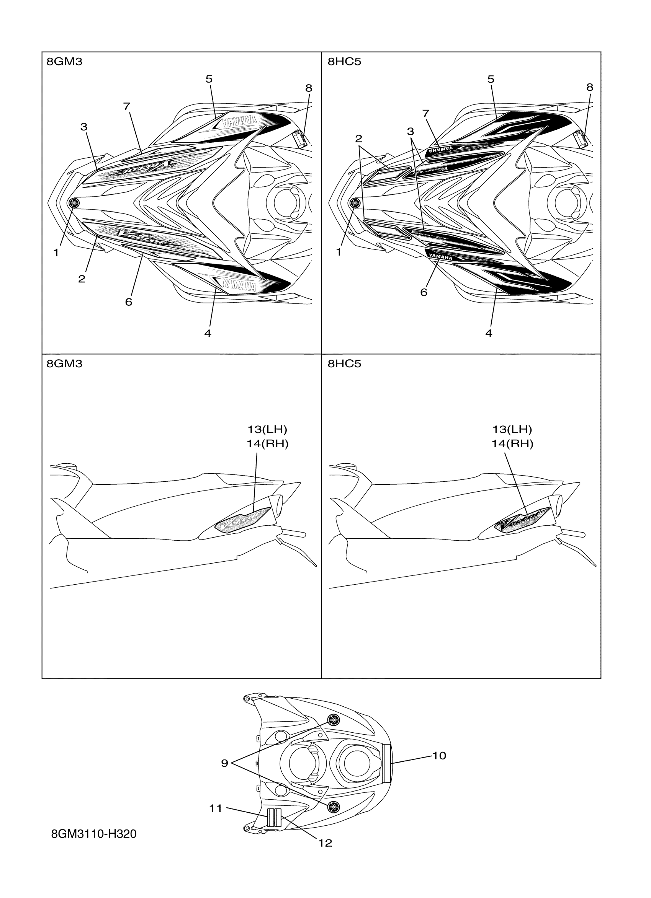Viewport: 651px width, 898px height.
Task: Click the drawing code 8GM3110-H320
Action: [93, 834]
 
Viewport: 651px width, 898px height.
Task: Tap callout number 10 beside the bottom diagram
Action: [438, 755]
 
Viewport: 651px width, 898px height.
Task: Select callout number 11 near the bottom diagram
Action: [216, 808]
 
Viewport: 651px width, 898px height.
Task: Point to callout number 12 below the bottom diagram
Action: [325, 843]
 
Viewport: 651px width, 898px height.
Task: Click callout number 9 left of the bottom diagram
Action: [224, 763]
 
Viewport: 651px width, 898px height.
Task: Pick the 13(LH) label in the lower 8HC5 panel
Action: [512, 429]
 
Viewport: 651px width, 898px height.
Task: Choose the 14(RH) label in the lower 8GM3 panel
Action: [267, 444]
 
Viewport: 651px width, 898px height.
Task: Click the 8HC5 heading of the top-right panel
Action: [344, 62]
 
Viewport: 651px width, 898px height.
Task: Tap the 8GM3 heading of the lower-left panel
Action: [64, 363]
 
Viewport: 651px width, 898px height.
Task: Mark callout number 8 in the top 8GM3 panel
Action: [309, 88]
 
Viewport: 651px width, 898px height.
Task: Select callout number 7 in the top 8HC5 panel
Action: [425, 114]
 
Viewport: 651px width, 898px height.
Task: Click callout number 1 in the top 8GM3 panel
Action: [56, 252]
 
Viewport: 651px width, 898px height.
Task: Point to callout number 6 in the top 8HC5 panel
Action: [424, 292]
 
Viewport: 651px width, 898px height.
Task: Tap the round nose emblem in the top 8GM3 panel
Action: [74, 203]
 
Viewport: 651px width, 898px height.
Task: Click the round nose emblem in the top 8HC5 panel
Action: [355, 203]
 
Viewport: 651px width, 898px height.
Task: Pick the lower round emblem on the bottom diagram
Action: [334, 806]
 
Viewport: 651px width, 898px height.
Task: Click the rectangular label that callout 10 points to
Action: [387, 763]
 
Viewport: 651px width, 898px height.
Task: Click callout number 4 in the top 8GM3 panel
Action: [208, 333]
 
